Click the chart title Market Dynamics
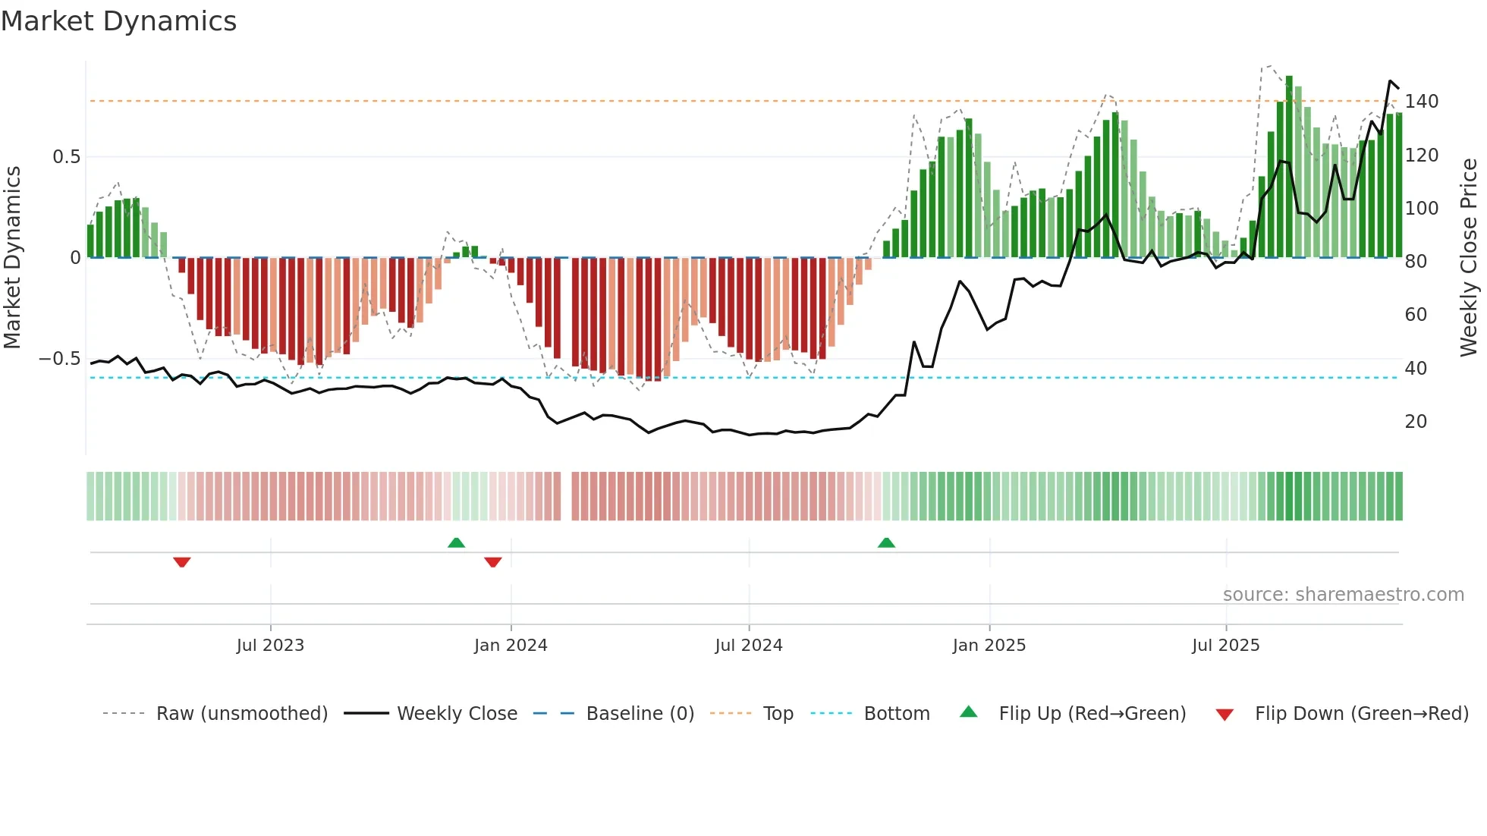[119, 21]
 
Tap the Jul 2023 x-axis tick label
[270, 645]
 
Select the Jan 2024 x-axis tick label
[511, 645]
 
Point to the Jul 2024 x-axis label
[749, 645]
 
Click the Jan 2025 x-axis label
[989, 645]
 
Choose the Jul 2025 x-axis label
[1226, 645]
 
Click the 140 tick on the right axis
[1421, 102]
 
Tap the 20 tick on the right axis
[1416, 422]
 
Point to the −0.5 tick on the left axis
[60, 359]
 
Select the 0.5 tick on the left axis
[66, 157]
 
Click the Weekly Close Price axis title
[1469, 258]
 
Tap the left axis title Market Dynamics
[12, 258]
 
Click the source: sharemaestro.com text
[1343, 595]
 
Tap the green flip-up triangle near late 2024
[886, 542]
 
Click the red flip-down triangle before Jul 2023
[181, 562]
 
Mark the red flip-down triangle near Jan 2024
[493, 562]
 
